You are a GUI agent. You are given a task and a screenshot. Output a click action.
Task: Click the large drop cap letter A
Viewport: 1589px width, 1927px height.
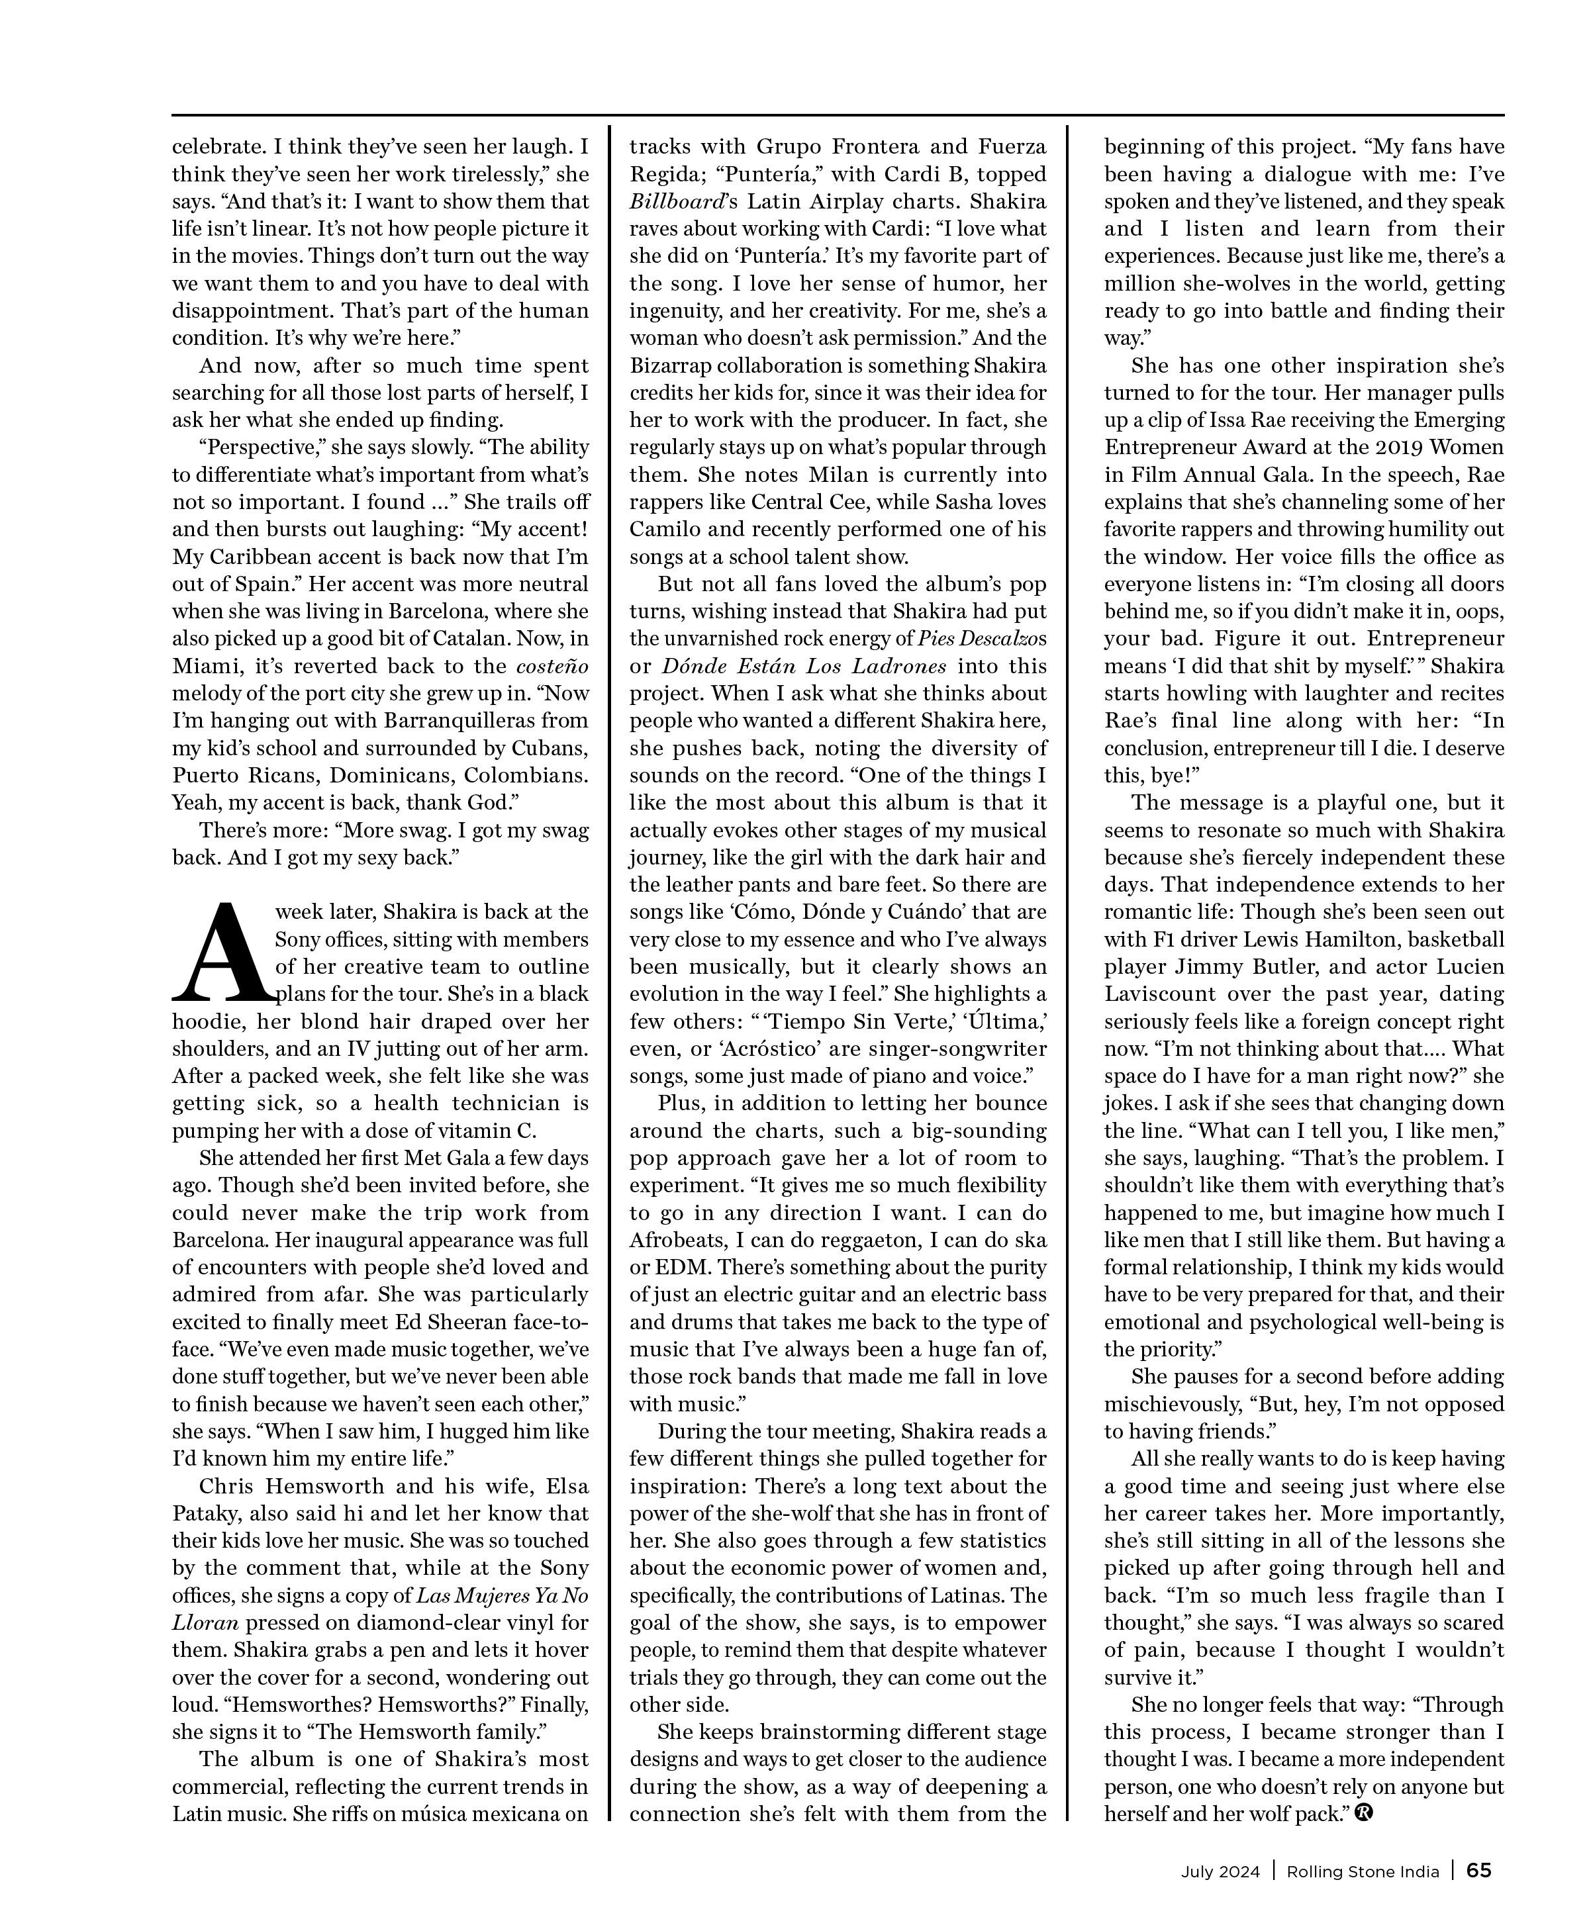(x=222, y=953)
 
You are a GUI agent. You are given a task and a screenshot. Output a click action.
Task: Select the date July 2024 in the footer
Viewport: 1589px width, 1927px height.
(x=1220, y=1871)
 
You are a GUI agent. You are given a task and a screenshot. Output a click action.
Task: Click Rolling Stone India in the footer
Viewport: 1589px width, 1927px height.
(x=1363, y=1871)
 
